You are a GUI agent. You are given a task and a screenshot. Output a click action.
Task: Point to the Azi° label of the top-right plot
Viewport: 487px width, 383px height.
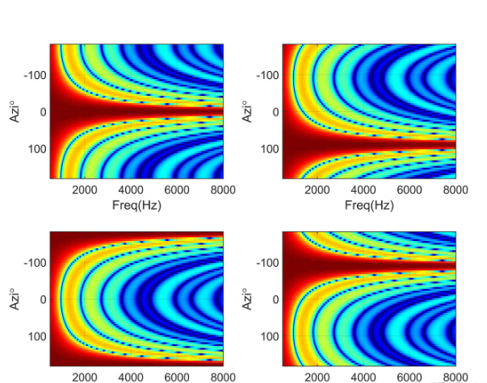coord(246,111)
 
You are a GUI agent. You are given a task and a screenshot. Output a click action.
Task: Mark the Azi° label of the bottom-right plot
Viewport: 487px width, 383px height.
coord(246,299)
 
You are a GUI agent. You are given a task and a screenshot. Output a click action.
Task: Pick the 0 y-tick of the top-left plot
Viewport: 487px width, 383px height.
coord(41,112)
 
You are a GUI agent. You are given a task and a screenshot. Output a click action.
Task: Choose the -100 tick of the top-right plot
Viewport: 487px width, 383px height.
coord(267,75)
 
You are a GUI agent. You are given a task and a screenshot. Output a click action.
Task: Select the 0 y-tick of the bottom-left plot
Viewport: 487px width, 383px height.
coord(41,300)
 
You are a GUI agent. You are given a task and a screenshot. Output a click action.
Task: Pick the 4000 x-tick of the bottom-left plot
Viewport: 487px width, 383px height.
coord(132,377)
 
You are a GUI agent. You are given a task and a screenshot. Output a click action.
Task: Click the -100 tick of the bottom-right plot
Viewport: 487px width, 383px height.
coord(267,263)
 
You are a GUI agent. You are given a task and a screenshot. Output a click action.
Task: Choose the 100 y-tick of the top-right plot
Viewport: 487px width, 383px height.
coord(269,149)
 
